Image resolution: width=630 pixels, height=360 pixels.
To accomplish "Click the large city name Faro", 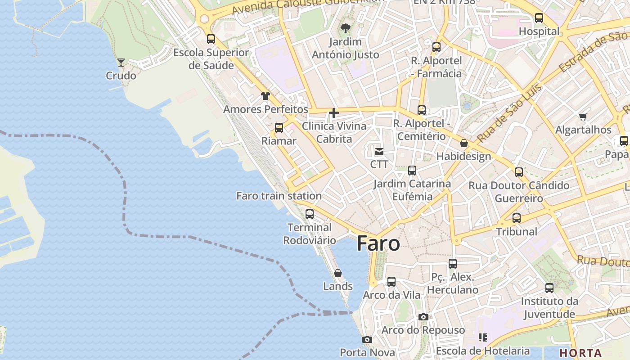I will pyautogui.click(x=378, y=243).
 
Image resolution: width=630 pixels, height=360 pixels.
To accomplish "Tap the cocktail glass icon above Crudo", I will pyautogui.click(x=121, y=62).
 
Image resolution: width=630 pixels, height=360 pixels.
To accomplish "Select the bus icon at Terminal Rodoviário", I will pyautogui.click(x=310, y=214).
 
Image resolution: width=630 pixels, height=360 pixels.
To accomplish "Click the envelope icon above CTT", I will pyautogui.click(x=379, y=151).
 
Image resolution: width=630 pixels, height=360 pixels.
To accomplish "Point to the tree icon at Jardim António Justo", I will pyautogui.click(x=346, y=28).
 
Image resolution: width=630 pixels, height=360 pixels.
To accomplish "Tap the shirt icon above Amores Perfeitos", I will pyautogui.click(x=265, y=96).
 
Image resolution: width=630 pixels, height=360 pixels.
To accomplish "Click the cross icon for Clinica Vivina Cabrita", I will pyautogui.click(x=334, y=113).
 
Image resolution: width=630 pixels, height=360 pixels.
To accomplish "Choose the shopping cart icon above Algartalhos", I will pyautogui.click(x=583, y=117).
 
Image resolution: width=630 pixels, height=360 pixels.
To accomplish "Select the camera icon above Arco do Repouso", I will pyautogui.click(x=423, y=317).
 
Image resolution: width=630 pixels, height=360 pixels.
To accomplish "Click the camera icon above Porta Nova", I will pyautogui.click(x=367, y=339).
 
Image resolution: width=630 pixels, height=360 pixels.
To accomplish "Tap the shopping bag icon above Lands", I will pyautogui.click(x=338, y=273).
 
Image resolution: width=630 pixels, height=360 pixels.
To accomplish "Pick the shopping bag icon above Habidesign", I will pyautogui.click(x=464, y=143).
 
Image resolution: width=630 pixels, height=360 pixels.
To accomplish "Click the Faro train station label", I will pyautogui.click(x=279, y=196).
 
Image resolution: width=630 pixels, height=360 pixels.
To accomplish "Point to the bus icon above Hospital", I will pyautogui.click(x=539, y=18).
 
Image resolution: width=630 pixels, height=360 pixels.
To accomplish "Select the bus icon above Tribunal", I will pyautogui.click(x=517, y=218).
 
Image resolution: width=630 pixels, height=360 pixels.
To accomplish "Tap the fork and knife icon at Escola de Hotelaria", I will pyautogui.click(x=483, y=337).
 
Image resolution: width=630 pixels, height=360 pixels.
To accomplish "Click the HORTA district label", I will pyautogui.click(x=580, y=353).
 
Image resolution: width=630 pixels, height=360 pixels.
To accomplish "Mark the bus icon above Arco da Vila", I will pyautogui.click(x=391, y=282).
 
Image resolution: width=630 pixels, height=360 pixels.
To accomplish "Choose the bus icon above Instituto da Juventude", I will pyautogui.click(x=549, y=288).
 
